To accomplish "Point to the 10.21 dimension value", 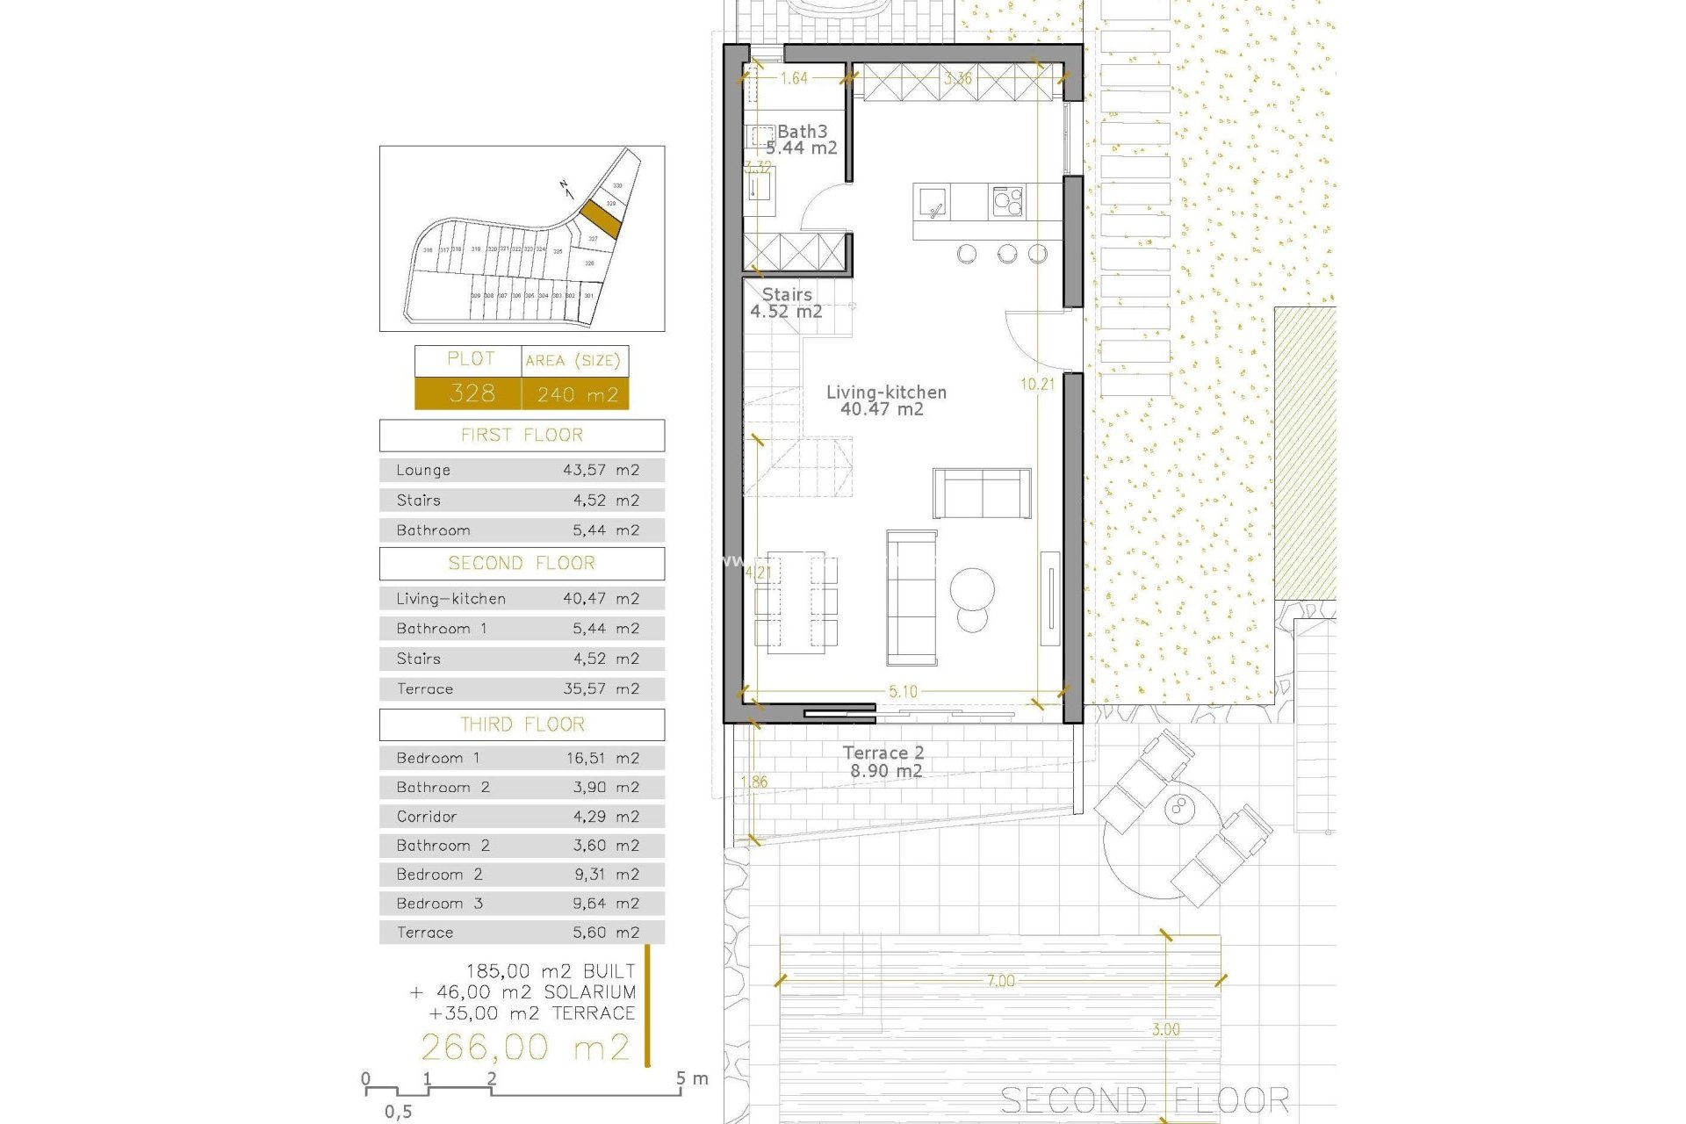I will pos(1037,384).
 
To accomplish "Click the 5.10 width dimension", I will pos(903,692).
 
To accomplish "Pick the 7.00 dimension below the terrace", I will pos(1000,981).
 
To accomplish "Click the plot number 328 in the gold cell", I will pos(472,393).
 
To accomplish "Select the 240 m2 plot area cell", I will pos(577,394).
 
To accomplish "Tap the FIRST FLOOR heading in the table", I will pos(522,436).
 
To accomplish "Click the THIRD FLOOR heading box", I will pos(522,724).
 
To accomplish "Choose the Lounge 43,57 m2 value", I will pos(601,471).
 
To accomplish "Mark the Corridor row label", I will pos(427,817).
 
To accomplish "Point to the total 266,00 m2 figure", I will pos(525,1047).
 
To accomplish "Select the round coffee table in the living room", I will pos(972,588).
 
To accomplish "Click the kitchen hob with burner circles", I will pos(1007,202).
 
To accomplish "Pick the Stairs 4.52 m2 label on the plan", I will pos(787,303).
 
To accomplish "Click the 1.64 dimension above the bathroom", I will pos(794,78).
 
